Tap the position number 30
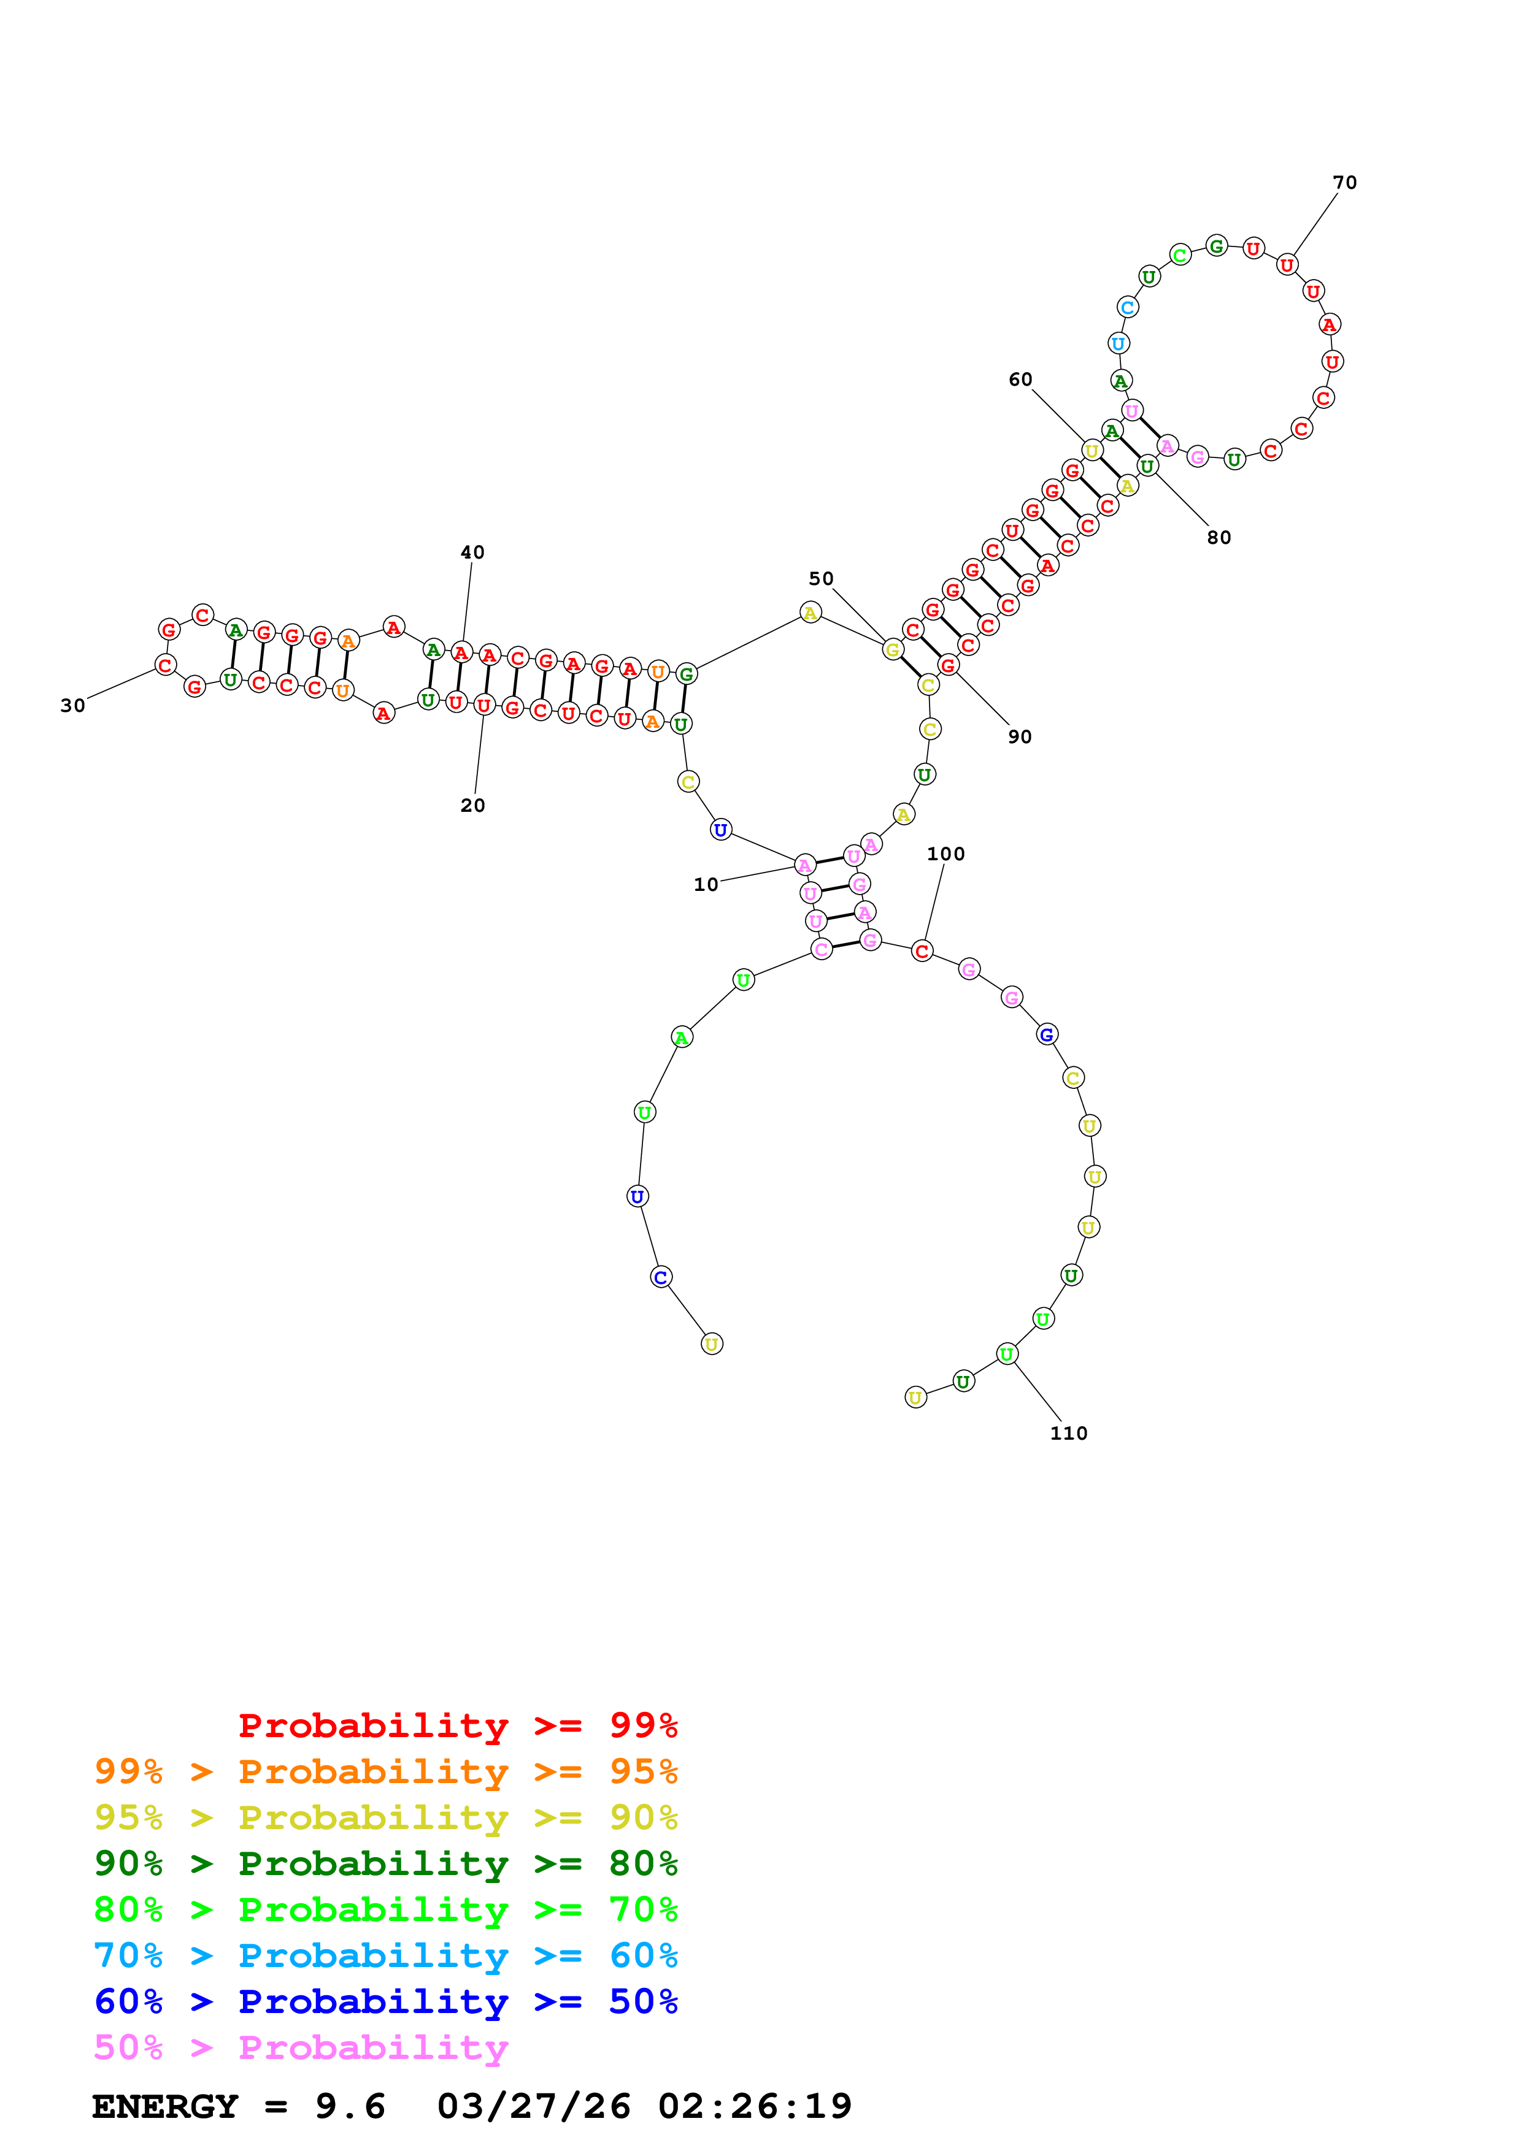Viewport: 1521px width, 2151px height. (x=73, y=705)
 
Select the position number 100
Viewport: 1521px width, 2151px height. (x=945, y=854)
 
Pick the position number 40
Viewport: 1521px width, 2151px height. (x=472, y=552)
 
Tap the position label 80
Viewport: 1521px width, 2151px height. (x=1219, y=538)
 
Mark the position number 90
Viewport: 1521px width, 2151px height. (x=1020, y=736)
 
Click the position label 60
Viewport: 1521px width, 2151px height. (x=1020, y=380)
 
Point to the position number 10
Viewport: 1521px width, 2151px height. (x=706, y=884)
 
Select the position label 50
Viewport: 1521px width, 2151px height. (x=821, y=579)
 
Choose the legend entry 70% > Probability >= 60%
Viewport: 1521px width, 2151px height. (x=386, y=1955)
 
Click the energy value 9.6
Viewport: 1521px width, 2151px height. (x=350, y=2106)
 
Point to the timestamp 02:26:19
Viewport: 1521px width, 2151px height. (x=755, y=2106)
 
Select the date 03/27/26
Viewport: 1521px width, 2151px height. (x=534, y=2106)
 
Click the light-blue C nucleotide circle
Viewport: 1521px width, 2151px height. (x=1127, y=307)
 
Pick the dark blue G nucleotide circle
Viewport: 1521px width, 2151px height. (x=1047, y=1034)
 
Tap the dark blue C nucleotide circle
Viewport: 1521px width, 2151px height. (x=661, y=1277)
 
